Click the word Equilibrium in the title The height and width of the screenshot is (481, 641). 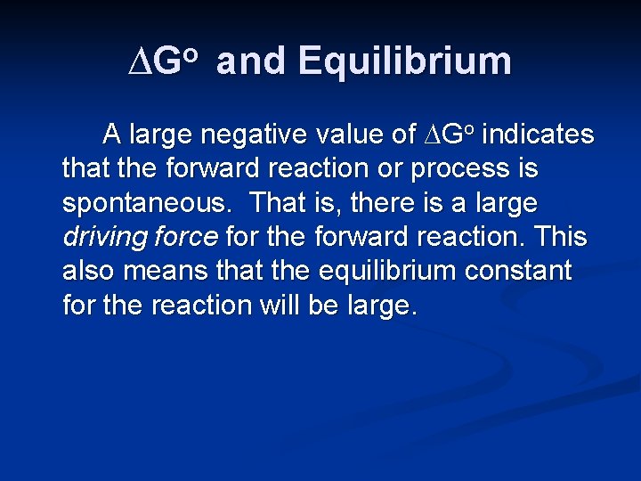pos(405,61)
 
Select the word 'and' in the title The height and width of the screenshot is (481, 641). pos(252,61)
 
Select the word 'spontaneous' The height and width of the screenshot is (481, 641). pos(149,203)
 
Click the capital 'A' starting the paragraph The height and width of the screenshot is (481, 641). pos(112,135)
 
